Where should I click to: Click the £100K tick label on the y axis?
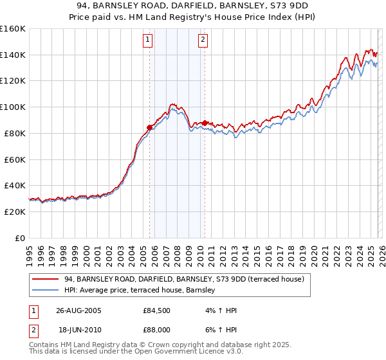[12, 107]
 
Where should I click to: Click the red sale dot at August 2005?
[150, 127]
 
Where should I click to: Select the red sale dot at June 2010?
[205, 123]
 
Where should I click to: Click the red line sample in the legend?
[45, 279]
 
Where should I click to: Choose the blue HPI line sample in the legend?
[45, 291]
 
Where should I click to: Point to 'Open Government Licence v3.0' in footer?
[190, 352]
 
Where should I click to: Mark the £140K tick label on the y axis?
[12, 55]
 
